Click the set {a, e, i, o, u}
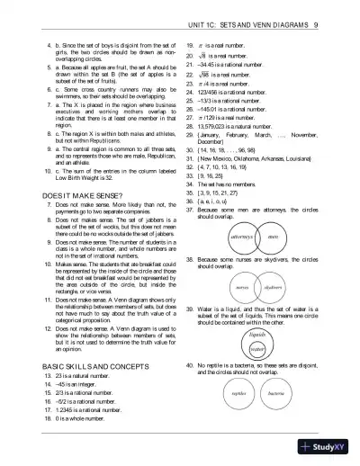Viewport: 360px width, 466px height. [x=214, y=203]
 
